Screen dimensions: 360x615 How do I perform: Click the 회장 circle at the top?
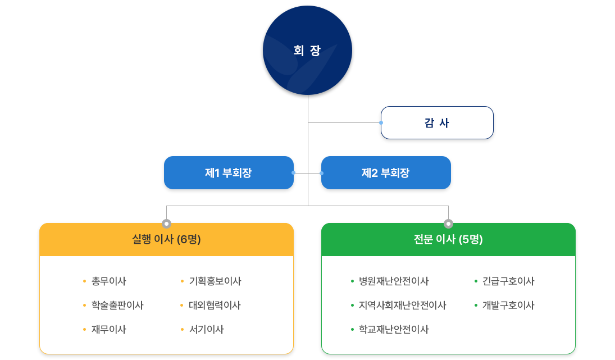click(x=307, y=51)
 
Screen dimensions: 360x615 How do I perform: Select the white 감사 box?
click(x=437, y=123)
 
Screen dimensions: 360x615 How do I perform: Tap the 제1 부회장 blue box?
click(x=229, y=173)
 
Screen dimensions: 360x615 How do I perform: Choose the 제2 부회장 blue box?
click(x=386, y=173)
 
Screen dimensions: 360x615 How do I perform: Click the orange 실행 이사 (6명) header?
click(x=166, y=240)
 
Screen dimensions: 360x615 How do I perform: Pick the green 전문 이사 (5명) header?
click(x=448, y=240)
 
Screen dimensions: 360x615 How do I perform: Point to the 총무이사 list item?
click(x=108, y=281)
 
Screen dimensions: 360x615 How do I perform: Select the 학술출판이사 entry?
click(x=117, y=306)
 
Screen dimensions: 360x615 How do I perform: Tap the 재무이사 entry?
click(x=108, y=330)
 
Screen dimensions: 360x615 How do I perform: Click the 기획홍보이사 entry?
click(x=215, y=281)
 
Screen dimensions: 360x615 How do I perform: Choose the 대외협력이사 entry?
click(x=215, y=306)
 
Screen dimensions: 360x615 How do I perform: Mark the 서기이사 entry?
click(x=206, y=330)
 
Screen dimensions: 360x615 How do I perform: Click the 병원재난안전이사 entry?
click(x=393, y=281)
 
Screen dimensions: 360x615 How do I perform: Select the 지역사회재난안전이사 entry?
click(x=402, y=306)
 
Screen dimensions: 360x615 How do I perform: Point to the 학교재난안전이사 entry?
click(x=393, y=330)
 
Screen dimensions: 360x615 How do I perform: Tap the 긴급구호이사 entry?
click(x=508, y=281)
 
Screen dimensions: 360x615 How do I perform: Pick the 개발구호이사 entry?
click(x=508, y=306)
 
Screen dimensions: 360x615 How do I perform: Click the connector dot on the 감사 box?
click(x=381, y=122)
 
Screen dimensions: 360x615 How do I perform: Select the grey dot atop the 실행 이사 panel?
click(x=166, y=224)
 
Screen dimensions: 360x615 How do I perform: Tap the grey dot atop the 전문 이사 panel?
click(x=448, y=224)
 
